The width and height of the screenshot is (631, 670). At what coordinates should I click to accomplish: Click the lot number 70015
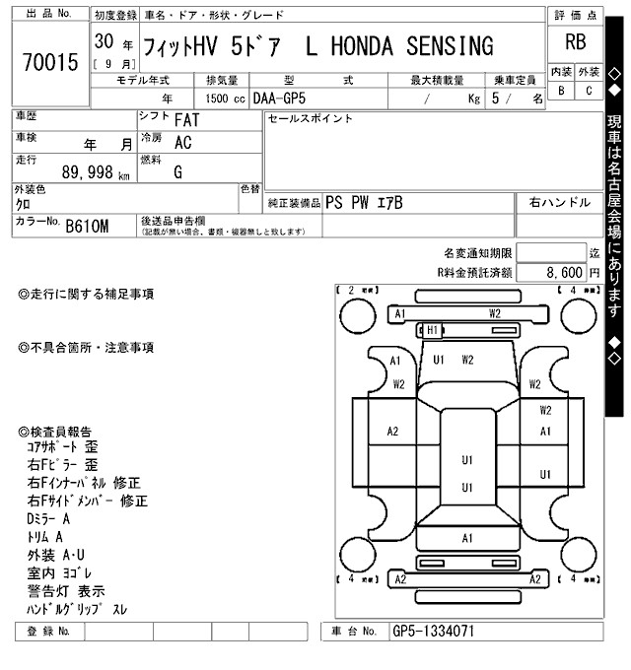[x=48, y=63]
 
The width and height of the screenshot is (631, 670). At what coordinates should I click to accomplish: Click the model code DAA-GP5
[x=279, y=99]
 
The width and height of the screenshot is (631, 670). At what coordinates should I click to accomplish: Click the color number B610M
[x=86, y=227]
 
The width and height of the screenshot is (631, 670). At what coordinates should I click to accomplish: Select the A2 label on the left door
[x=392, y=432]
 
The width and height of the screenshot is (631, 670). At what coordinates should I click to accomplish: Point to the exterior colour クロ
[x=23, y=203]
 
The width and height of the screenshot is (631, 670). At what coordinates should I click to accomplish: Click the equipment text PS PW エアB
[x=364, y=201]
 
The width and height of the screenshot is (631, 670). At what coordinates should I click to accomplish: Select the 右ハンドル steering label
[x=560, y=201]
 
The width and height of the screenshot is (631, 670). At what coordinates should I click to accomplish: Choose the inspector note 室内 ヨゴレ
[x=60, y=572]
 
